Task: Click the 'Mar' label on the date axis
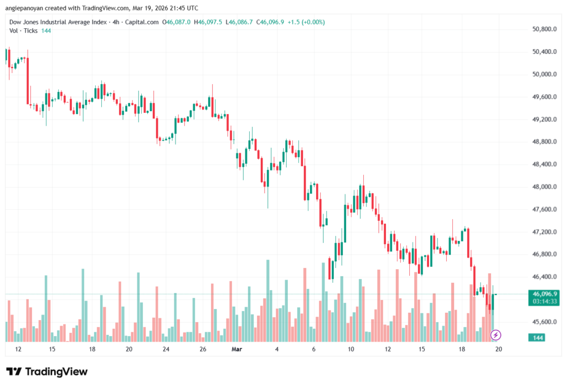tap(237, 349)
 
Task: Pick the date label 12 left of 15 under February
tap(18, 349)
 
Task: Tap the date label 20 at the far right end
tap(498, 349)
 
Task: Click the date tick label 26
tap(203, 349)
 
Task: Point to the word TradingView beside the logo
tap(56, 371)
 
